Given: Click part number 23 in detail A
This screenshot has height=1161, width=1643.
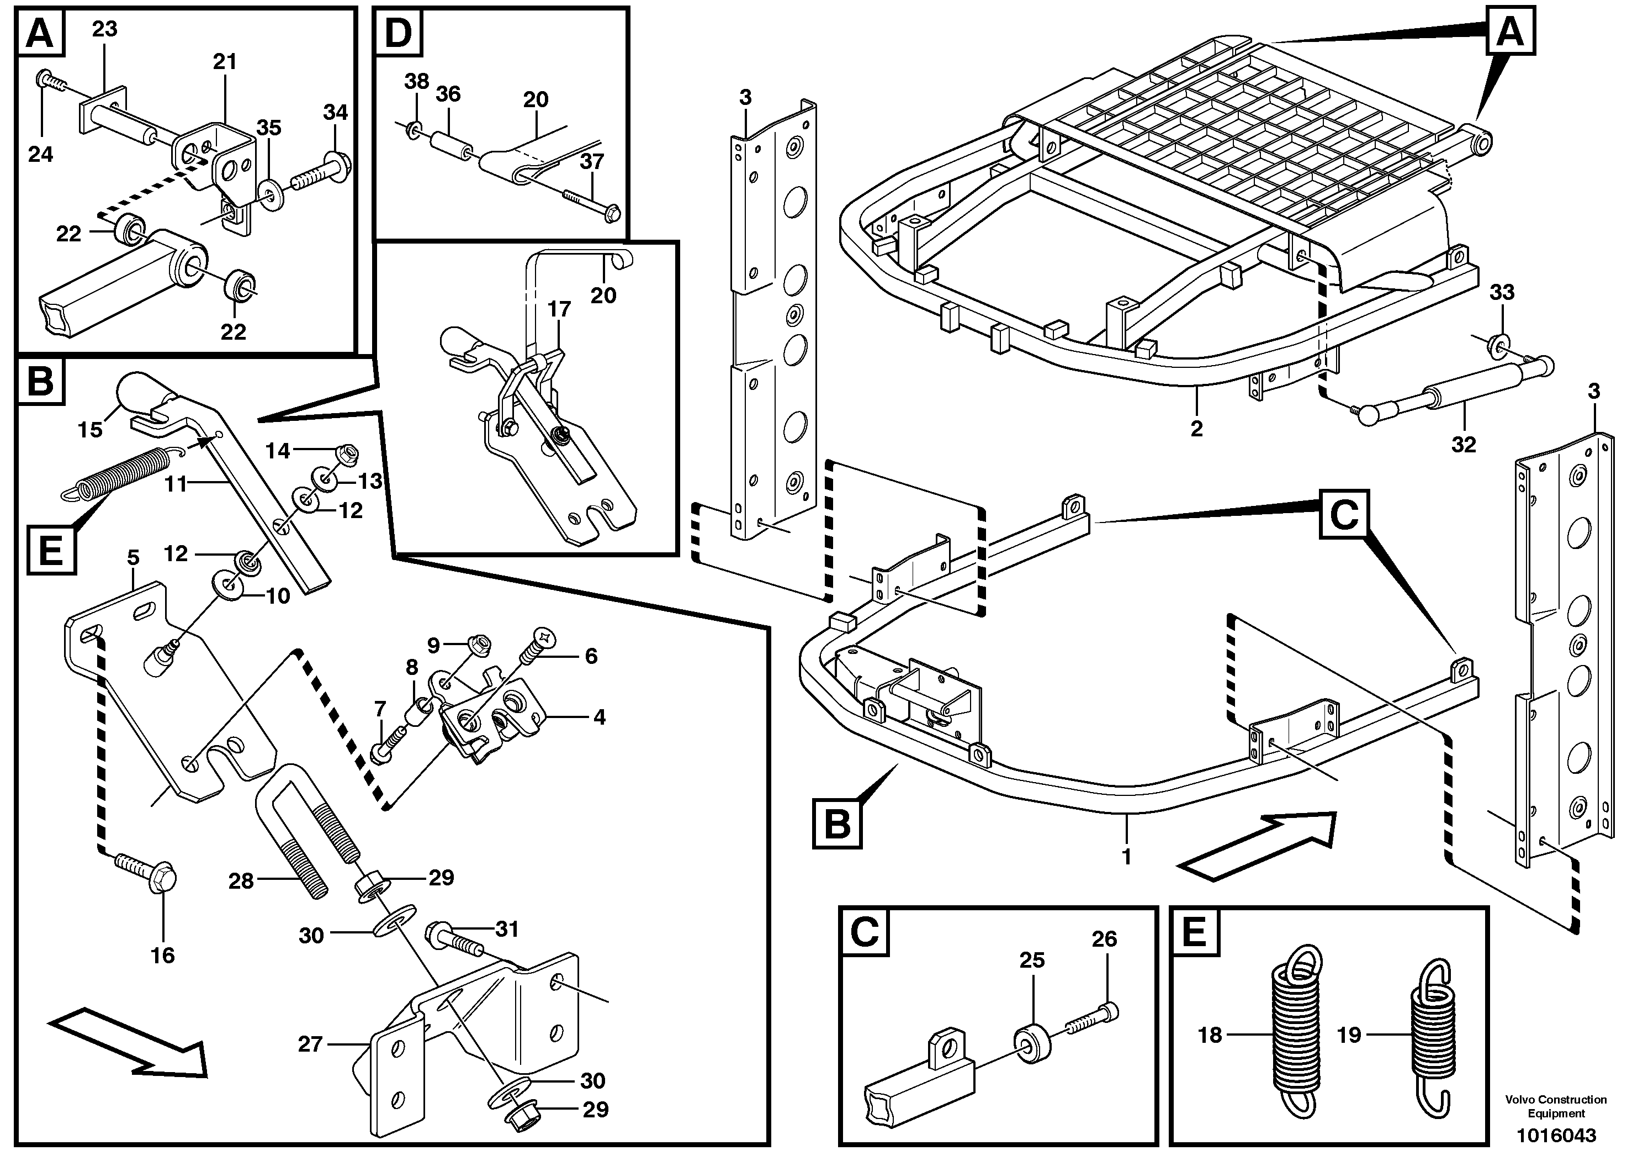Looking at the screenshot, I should pyautogui.click(x=104, y=29).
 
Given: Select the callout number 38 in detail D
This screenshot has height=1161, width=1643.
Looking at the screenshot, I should pyautogui.click(x=416, y=81).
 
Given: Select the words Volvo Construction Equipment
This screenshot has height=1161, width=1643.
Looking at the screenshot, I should pyautogui.click(x=1556, y=1106).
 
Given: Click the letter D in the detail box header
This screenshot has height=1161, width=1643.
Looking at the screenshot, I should pyautogui.click(x=399, y=33).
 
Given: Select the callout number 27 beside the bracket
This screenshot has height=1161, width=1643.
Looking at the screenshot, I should pyautogui.click(x=310, y=1044).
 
